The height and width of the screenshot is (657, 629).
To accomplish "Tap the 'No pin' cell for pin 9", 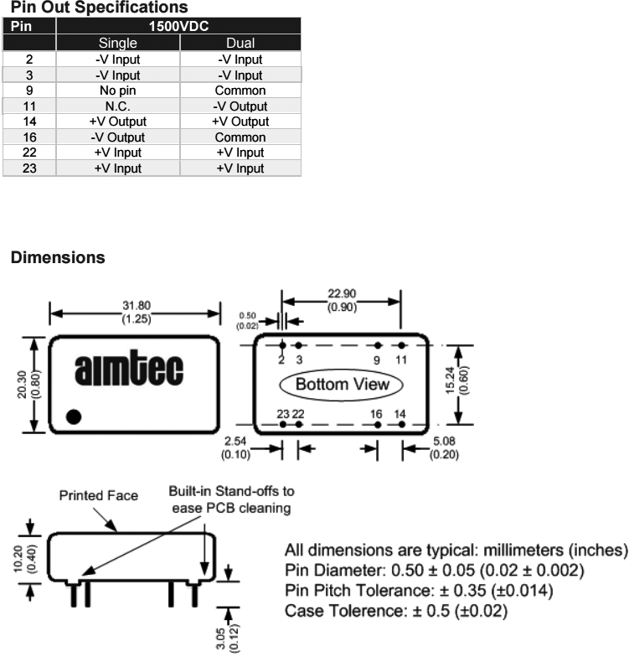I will coord(117,91).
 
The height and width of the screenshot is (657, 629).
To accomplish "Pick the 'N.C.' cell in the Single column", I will coord(117,106).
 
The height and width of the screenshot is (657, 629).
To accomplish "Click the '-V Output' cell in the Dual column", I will coord(240,106).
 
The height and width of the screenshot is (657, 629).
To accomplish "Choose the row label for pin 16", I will coord(28,137).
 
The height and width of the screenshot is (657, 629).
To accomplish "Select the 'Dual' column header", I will coord(240,43).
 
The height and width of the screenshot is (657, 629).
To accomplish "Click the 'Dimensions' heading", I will coord(58,258).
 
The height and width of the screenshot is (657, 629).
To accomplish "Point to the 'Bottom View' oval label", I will coord(343,385).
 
